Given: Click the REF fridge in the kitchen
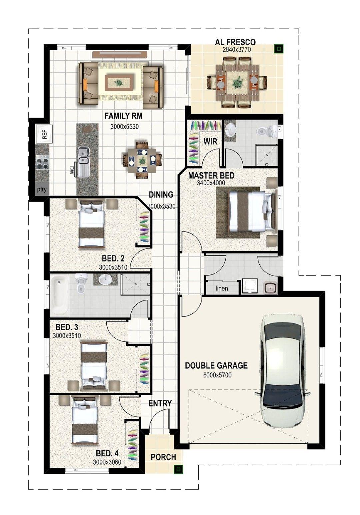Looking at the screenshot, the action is [44, 134].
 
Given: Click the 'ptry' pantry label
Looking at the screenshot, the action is [42, 190].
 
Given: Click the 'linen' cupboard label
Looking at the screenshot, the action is [222, 288].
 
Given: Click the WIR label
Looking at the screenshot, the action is [210, 142].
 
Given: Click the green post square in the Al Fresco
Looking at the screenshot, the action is [279, 49].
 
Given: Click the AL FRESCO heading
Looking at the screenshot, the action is [235, 42].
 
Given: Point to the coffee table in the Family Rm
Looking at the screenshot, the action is [119, 82].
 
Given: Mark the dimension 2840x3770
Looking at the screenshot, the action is [236, 50].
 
